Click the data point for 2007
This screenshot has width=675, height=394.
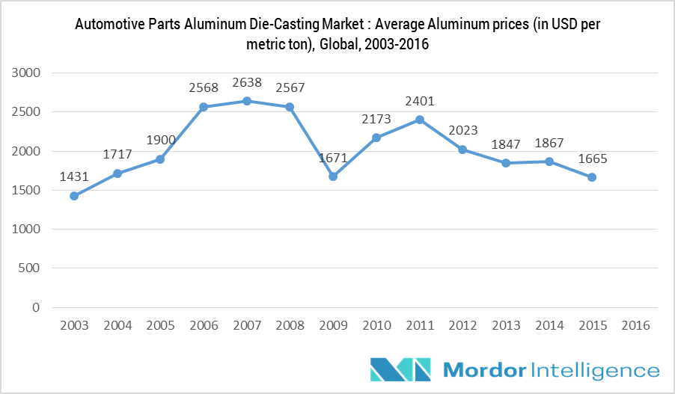click(247, 101)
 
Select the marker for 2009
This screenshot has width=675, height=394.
click(333, 176)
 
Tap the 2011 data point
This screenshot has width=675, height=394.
click(420, 120)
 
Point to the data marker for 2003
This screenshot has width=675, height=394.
click(74, 196)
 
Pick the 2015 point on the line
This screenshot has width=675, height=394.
click(592, 177)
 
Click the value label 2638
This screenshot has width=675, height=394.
click(247, 82)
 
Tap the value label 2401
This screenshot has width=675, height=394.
click(420, 101)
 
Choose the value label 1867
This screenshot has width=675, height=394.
click(549, 144)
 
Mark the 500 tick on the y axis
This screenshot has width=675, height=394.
click(29, 268)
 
